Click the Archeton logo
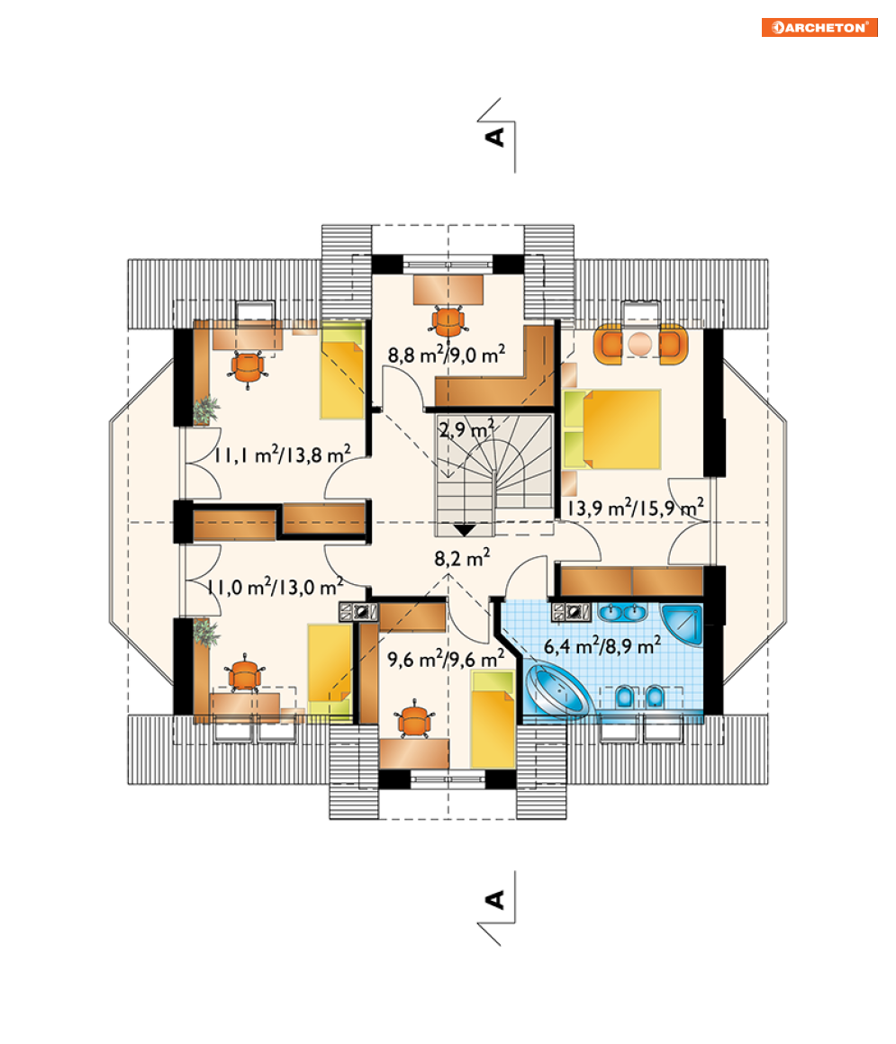pyautogui.click(x=819, y=27)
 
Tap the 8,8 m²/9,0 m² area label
pyautogui.click(x=447, y=354)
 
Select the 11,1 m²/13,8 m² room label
pyautogui.click(x=282, y=454)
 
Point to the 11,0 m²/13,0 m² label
pyautogui.click(x=275, y=587)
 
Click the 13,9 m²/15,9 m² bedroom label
pyautogui.click(x=635, y=508)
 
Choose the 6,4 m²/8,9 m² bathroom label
pyautogui.click(x=602, y=645)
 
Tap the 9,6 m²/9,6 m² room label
pyautogui.click(x=446, y=659)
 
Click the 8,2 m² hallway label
pyautogui.click(x=462, y=557)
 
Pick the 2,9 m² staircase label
pyautogui.click(x=466, y=428)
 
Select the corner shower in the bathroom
pyautogui.click(x=683, y=624)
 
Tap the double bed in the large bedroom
pyautogui.click(x=612, y=429)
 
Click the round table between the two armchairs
pyautogui.click(x=639, y=344)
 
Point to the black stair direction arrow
pyautogui.click(x=465, y=530)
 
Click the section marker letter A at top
pyautogui.click(x=495, y=137)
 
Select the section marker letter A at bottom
pyautogui.click(x=495, y=899)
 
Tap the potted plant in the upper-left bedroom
pyautogui.click(x=206, y=409)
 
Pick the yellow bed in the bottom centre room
pyautogui.click(x=493, y=719)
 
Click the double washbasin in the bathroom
pyautogui.click(x=622, y=612)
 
